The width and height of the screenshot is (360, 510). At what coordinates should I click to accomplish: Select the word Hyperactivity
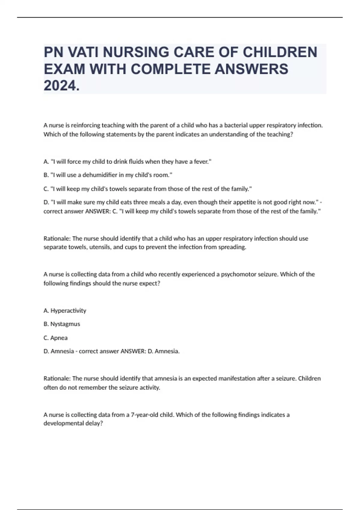tap(68, 310)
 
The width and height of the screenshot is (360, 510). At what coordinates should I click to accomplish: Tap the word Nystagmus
tap(65, 324)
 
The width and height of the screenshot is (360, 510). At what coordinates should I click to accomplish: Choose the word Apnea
tap(59, 338)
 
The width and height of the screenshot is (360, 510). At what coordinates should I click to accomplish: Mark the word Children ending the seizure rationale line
tap(309, 379)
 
